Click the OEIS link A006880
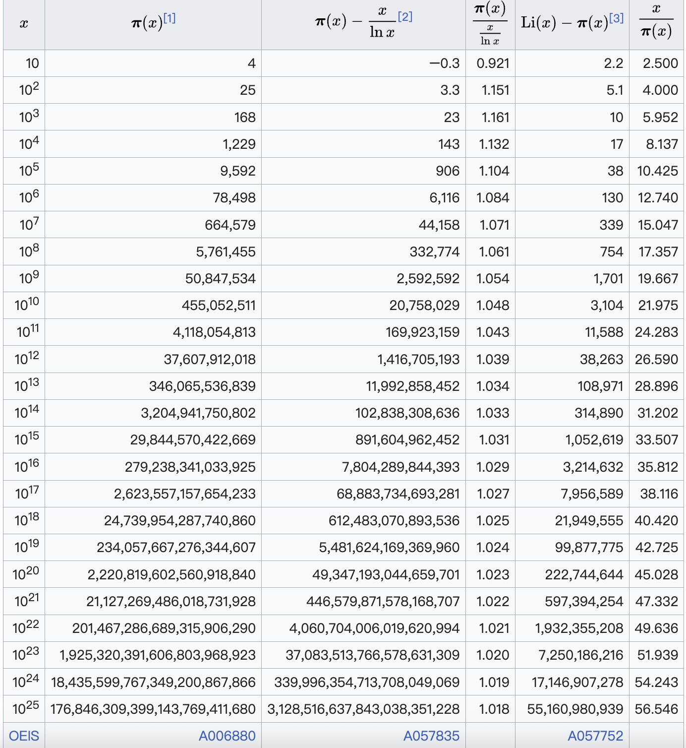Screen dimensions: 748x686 [x=227, y=736]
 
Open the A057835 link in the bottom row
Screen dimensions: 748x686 [x=431, y=736]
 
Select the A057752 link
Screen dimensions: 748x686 [x=595, y=736]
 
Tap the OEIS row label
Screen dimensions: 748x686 [x=24, y=736]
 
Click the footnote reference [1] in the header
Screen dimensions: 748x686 [x=170, y=18]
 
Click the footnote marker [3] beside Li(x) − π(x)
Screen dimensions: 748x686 [x=616, y=18]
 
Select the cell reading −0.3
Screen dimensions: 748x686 [x=445, y=63]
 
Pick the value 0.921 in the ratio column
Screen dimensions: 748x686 [x=493, y=63]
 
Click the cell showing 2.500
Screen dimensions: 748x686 [x=660, y=63]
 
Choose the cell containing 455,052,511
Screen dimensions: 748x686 [x=219, y=306]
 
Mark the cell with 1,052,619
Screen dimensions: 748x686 [x=594, y=440]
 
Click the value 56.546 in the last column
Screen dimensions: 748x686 [x=656, y=709]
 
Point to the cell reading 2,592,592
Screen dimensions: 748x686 [x=428, y=279]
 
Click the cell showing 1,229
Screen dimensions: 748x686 [x=239, y=144]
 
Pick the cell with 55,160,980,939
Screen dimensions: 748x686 [x=575, y=709]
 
